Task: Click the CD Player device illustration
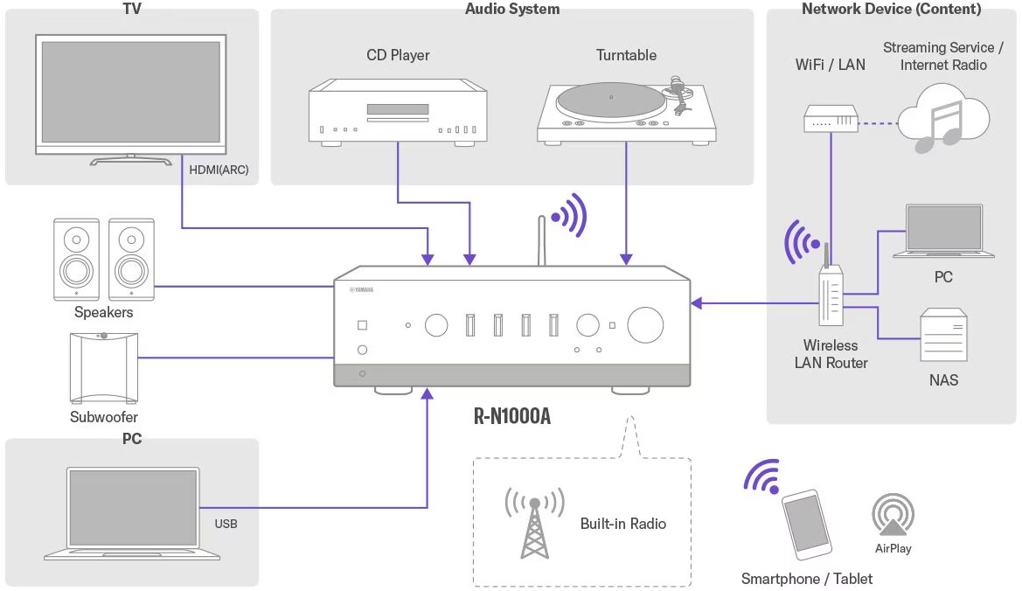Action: (398, 111)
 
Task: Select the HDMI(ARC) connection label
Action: (219, 170)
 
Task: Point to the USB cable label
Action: (226, 525)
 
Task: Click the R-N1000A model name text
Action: (512, 415)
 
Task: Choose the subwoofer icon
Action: (102, 368)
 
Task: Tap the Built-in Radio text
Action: (623, 524)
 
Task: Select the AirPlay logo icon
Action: (893, 517)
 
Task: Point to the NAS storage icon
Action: (943, 336)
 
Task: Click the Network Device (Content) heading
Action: (891, 10)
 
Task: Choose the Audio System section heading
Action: (512, 10)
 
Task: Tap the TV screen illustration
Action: (131, 91)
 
